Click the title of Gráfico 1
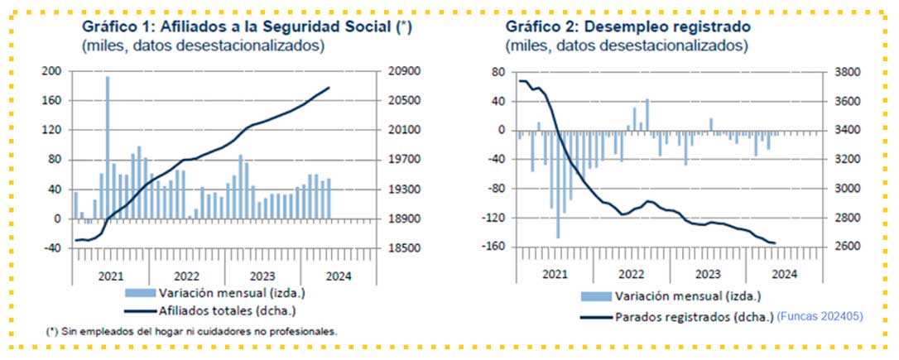pyautogui.click(x=247, y=26)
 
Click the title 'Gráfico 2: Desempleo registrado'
pyautogui.click(x=628, y=26)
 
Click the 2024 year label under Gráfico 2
pyautogui.click(x=783, y=274)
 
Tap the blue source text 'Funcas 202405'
pyautogui.click(x=818, y=316)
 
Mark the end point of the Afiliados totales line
pyautogui.click(x=329, y=88)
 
